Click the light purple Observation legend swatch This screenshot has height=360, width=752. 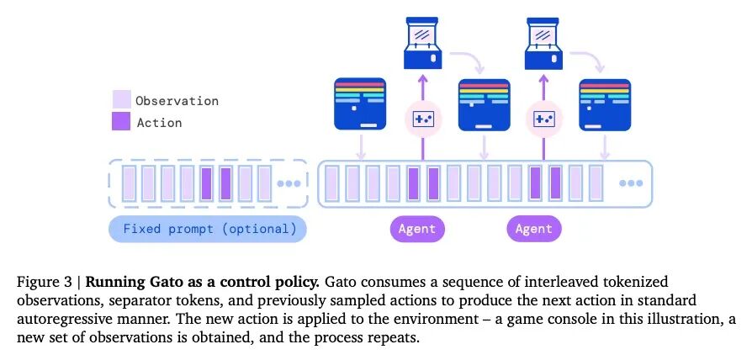pos(122,100)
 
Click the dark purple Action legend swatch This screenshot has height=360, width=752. pos(122,122)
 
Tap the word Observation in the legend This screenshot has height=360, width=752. pos(177,101)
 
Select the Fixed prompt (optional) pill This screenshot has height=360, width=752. pos(208,229)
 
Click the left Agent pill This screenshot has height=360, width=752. pos(417,229)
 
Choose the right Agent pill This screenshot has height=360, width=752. pos(534,229)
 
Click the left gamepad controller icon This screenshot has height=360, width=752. pos(423,119)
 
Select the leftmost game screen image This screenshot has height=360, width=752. pos(360,103)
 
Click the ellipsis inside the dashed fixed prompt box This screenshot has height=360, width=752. pos(288,183)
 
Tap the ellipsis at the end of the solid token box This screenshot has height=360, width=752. pos(631,183)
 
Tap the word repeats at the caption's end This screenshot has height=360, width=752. pos(394,339)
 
